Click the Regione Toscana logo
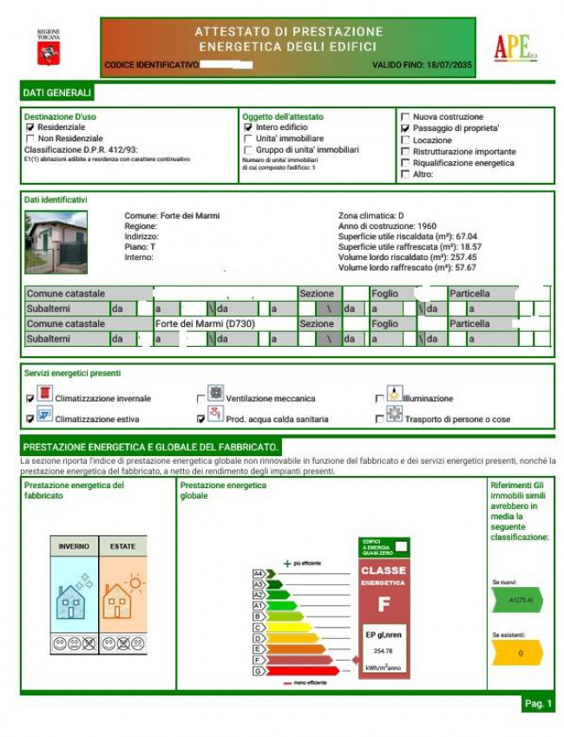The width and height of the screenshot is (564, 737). (48, 48)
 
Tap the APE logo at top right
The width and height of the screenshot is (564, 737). (515, 48)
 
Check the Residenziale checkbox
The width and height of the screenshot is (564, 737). (30, 127)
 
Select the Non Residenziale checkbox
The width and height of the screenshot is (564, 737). (30, 138)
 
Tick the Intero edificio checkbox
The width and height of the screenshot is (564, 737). (248, 127)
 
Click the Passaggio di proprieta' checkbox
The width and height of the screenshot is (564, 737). (405, 128)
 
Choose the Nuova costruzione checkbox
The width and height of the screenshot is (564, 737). (405, 117)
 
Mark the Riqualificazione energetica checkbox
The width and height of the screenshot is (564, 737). (405, 163)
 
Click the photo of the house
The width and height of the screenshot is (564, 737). (56, 242)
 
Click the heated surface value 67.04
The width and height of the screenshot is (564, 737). (460, 236)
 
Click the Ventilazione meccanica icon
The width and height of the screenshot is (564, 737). (216, 393)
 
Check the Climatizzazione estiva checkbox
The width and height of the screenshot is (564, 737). (30, 419)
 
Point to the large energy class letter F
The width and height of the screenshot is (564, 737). (384, 603)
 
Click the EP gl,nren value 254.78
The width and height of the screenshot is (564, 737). (384, 650)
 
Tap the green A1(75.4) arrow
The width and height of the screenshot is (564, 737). (517, 599)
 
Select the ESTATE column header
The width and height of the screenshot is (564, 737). (122, 546)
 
